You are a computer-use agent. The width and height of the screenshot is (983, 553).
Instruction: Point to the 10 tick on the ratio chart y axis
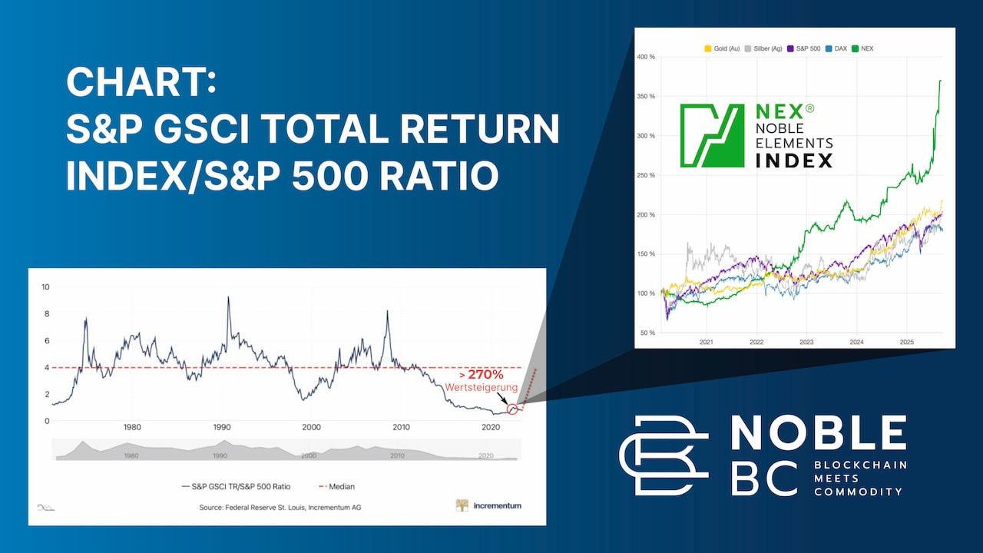point(45,287)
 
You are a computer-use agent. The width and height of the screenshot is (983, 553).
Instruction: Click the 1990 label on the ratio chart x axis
point(221,427)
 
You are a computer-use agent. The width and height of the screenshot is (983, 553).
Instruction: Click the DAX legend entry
point(837,48)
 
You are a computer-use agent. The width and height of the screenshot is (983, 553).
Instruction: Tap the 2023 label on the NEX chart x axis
point(806,341)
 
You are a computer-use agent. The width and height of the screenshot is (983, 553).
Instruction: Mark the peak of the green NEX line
point(941,80)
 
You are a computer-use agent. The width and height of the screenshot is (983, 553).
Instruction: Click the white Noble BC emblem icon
point(664,455)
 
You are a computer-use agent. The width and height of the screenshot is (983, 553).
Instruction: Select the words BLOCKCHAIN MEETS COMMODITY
point(860,478)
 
